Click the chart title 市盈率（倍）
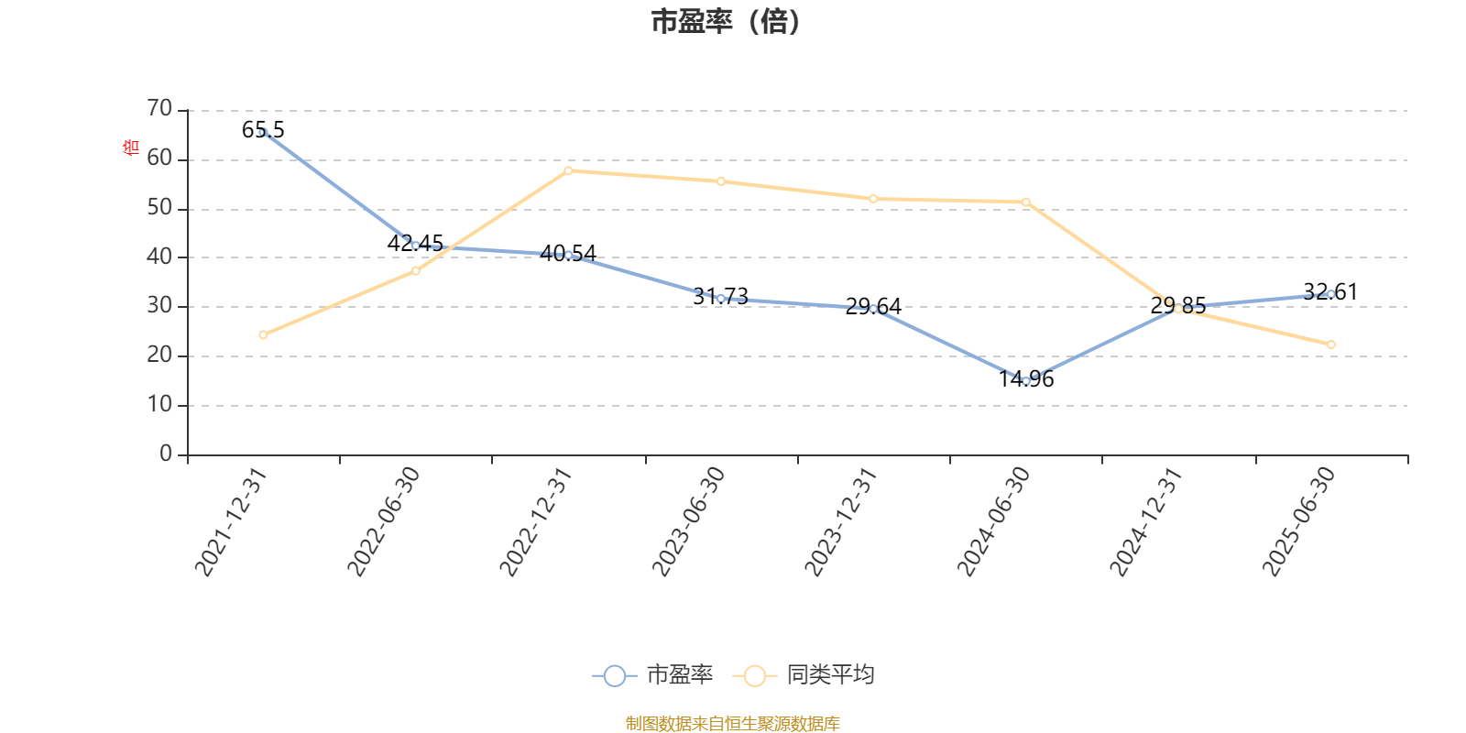click(726, 22)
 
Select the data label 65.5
click(263, 130)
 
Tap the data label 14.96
click(1026, 379)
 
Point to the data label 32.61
click(1330, 292)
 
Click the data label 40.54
click(569, 253)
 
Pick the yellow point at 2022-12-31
click(569, 170)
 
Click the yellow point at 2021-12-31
click(264, 335)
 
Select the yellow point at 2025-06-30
click(1331, 345)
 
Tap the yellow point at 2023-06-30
click(721, 181)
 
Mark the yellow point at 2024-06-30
click(1026, 202)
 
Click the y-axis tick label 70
click(159, 109)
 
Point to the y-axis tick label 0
click(166, 454)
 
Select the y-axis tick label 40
click(159, 257)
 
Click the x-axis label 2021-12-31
click(231, 522)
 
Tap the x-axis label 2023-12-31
click(841, 522)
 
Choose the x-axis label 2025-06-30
click(1299, 522)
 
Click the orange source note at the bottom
click(732, 724)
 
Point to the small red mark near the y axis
click(130, 147)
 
